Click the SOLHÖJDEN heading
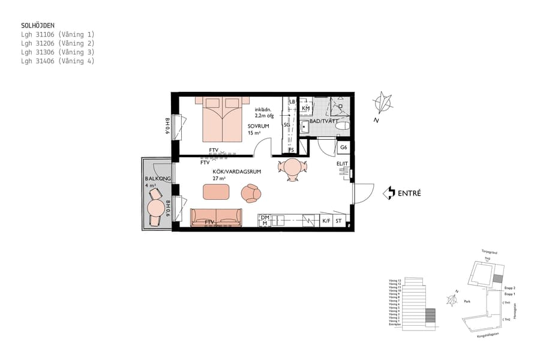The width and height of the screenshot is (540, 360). click(38, 26)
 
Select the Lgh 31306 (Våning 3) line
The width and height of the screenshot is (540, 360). click(58, 52)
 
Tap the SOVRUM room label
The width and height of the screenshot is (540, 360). click(258, 127)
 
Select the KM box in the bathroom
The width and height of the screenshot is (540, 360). click(305, 108)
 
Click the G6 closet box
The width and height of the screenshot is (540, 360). click(343, 148)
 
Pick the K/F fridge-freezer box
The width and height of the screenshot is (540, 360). click(326, 221)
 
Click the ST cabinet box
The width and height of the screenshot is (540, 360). click(340, 221)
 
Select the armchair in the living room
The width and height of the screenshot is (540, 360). click(251, 193)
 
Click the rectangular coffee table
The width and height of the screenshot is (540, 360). click(216, 192)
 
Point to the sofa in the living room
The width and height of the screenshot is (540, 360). click(216, 217)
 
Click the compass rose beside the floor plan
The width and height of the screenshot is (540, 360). click(383, 103)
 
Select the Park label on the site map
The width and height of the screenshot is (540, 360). click(467, 302)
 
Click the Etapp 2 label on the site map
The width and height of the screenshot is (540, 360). click(510, 288)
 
